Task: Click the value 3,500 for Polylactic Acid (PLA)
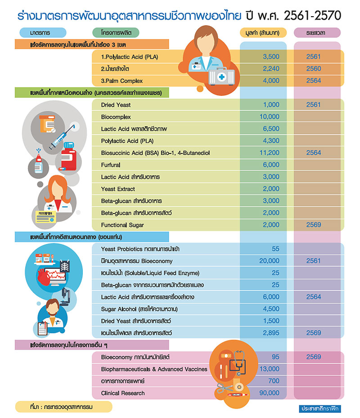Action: coord(271,57)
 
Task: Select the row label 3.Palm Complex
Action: coord(121,81)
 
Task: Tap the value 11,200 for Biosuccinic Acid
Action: coord(270,153)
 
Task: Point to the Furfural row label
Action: coord(111,165)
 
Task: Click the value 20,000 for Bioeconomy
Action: coord(269,261)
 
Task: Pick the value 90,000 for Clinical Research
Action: coord(269,393)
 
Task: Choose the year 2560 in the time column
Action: coord(313,69)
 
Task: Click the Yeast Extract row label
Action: coord(118,189)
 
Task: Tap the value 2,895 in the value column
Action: coord(271,333)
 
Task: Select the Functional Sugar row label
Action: coord(122,225)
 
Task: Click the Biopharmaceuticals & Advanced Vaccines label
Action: coord(154,369)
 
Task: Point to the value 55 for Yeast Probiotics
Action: coord(275,249)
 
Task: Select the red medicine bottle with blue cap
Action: coord(68,157)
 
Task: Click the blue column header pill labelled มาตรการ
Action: coord(43,33)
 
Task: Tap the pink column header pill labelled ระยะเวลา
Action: coord(317,33)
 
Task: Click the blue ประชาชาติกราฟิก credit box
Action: coord(320,409)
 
